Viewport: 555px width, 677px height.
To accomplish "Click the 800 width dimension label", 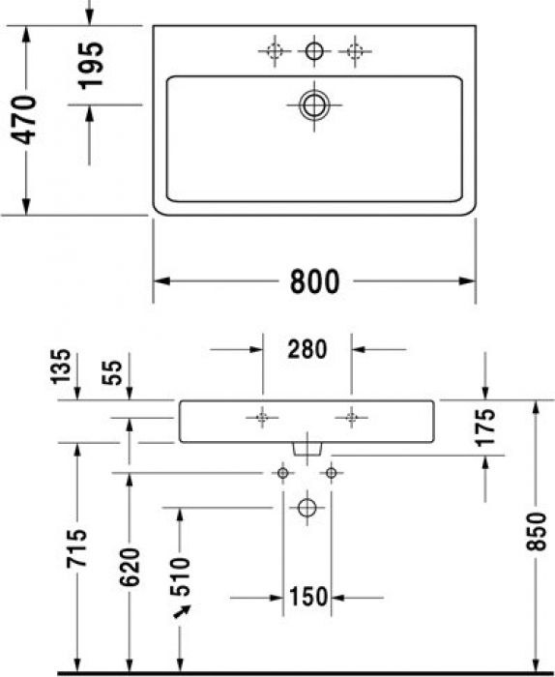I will point(315,281).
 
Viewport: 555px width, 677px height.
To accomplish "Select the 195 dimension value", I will point(90,66).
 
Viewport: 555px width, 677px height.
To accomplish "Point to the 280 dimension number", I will point(307,347).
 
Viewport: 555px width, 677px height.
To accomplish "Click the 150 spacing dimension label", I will point(307,597).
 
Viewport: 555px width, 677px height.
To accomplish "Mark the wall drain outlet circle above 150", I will point(307,507).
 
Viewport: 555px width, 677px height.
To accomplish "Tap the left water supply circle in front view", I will point(283,473).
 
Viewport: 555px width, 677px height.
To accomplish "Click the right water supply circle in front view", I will point(332,473).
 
